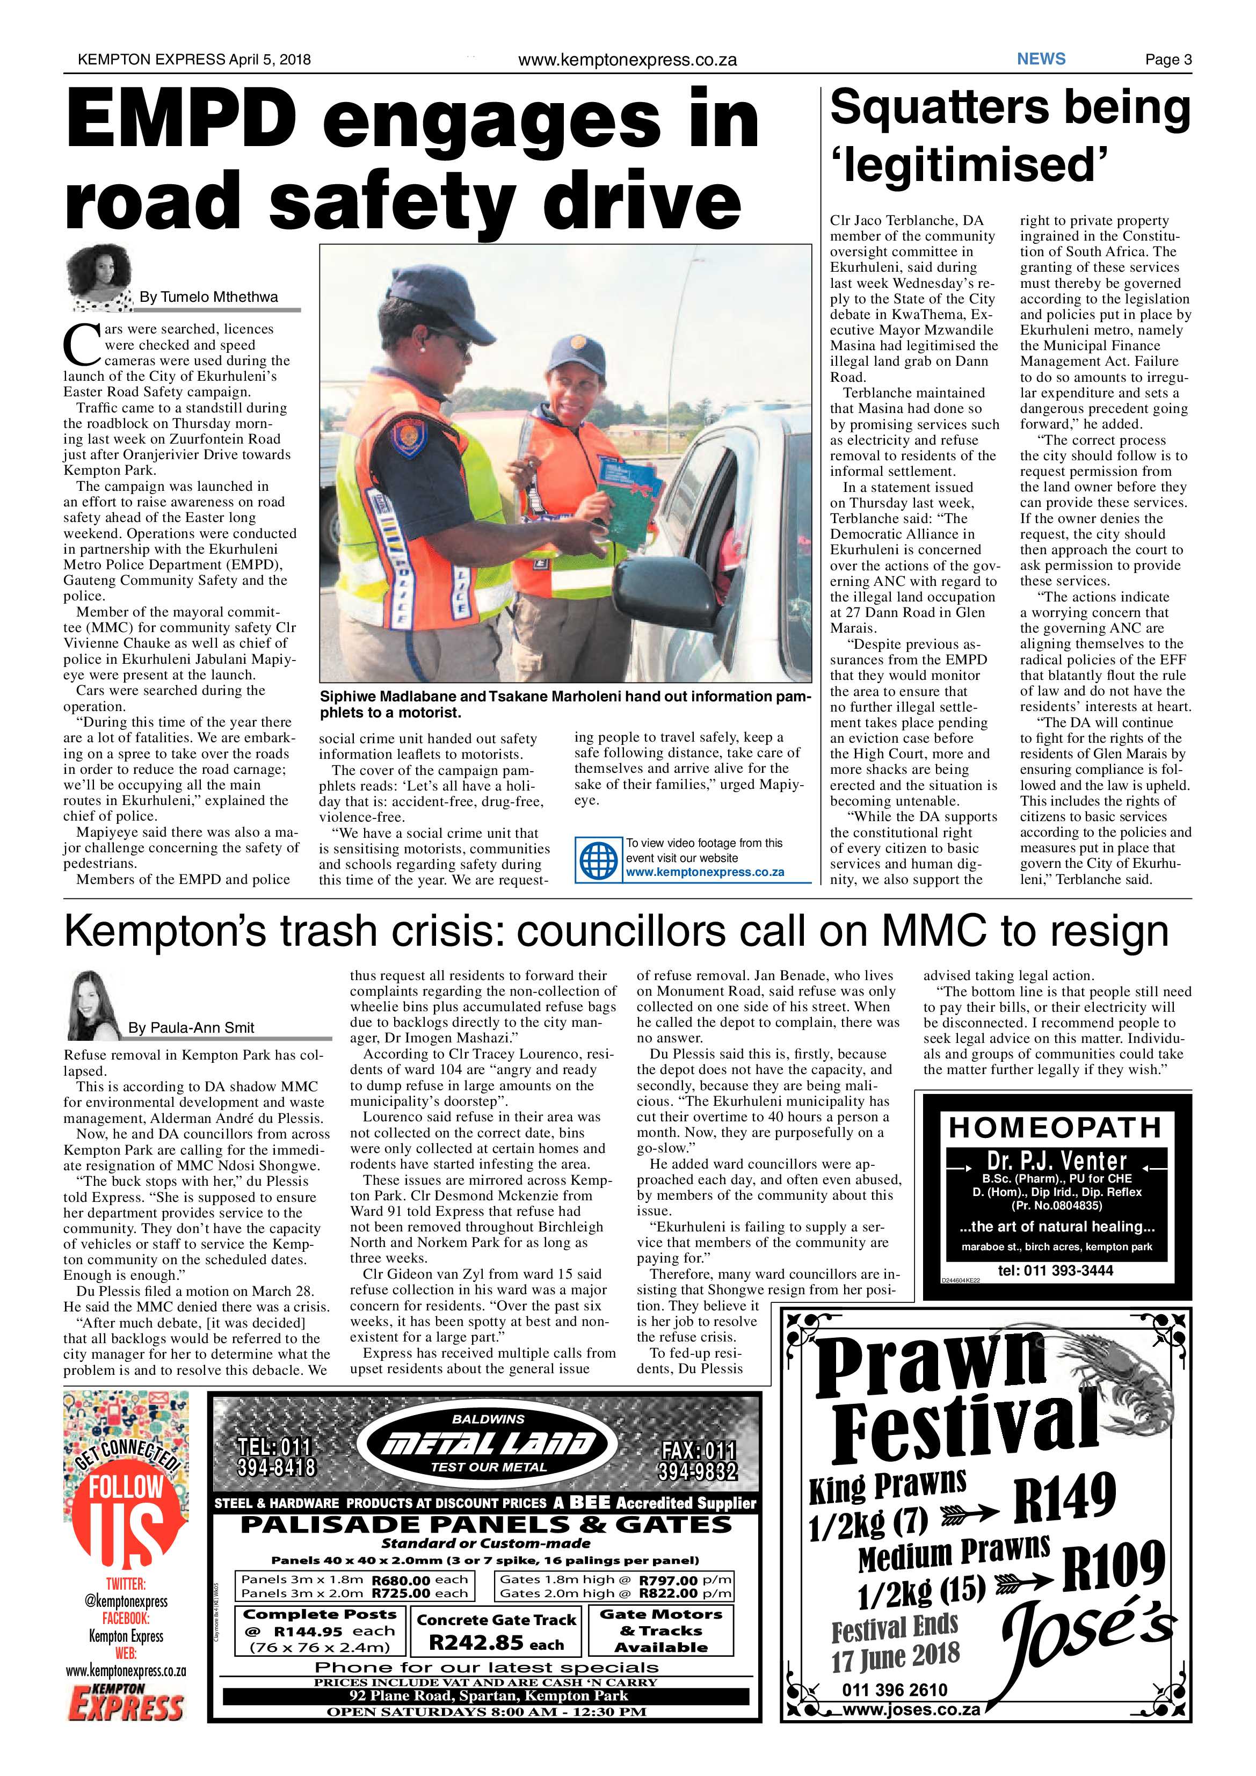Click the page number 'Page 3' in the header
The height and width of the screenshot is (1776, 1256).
point(1168,60)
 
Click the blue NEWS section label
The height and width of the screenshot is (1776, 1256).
point(1041,59)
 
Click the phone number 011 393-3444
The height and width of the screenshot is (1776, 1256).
point(1055,1270)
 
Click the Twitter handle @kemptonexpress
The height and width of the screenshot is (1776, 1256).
point(126,1600)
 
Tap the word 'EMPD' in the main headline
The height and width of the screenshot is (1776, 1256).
point(181,119)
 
